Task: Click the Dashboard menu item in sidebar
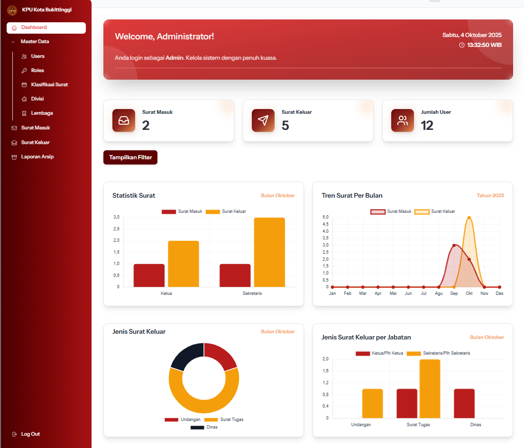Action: tap(46, 27)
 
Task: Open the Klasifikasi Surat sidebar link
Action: tap(49, 85)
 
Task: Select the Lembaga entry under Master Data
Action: tap(42, 113)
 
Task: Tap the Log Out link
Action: tap(30, 434)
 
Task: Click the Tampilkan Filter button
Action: tap(130, 157)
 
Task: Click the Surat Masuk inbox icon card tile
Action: tap(124, 120)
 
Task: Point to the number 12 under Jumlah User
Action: tap(427, 126)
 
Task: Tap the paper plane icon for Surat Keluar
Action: tap(263, 120)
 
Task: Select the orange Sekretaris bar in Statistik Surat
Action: tap(269, 252)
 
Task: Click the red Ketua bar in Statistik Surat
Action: tap(149, 275)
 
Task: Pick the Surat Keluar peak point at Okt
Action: tap(469, 218)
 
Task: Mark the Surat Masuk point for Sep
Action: tap(454, 245)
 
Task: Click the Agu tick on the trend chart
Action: tap(439, 293)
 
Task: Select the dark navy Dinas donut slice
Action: tap(186, 356)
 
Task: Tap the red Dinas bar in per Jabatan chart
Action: tap(464, 403)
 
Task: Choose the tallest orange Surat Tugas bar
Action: tap(430, 389)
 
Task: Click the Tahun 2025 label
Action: tap(490, 195)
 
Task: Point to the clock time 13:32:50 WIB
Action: tap(484, 45)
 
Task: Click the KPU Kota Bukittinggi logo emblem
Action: tap(12, 10)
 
